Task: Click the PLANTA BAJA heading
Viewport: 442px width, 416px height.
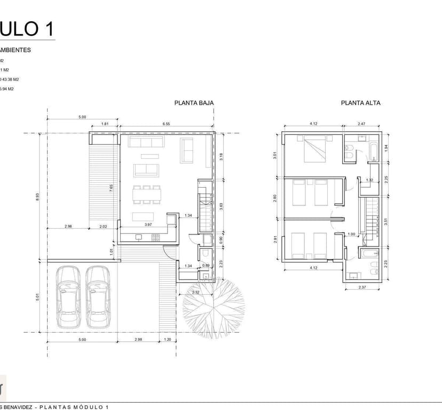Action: (x=194, y=103)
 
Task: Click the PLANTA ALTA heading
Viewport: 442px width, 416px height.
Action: (x=361, y=103)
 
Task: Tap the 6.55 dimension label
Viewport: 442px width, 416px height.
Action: (x=166, y=124)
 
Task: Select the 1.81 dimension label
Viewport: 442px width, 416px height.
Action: (x=105, y=124)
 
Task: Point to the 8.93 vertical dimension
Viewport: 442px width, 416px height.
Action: (x=37, y=196)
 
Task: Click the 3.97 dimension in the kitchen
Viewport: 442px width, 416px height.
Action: (x=148, y=225)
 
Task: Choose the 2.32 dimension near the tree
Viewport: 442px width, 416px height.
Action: (x=196, y=292)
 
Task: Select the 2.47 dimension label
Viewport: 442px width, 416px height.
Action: (x=361, y=124)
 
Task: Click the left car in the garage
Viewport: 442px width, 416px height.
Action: (x=68, y=297)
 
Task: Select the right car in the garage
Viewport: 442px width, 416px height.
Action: (x=97, y=297)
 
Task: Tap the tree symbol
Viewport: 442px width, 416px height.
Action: (x=214, y=308)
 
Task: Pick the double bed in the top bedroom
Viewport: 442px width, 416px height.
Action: (x=314, y=149)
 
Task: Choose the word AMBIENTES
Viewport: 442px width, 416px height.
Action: (x=15, y=50)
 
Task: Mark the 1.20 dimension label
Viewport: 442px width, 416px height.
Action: (x=168, y=339)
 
